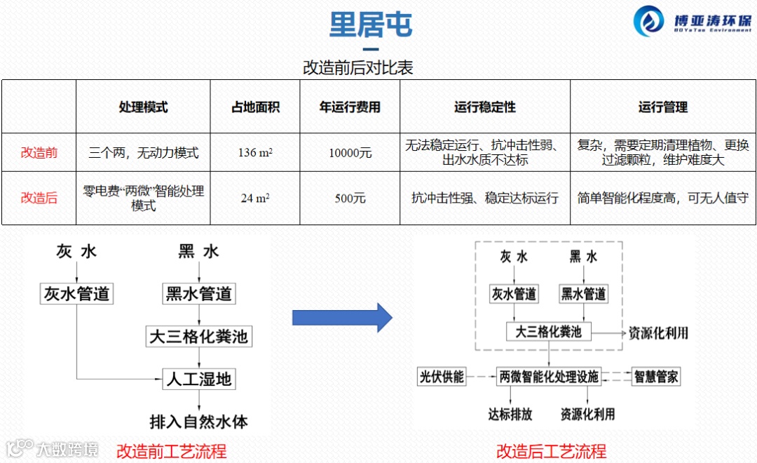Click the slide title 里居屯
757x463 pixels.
tap(371, 25)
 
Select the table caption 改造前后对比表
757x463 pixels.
tap(358, 67)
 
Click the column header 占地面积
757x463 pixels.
tap(255, 107)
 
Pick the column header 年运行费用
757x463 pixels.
tap(350, 107)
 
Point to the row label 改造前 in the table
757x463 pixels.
tap(39, 152)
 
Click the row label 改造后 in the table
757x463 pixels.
tap(39, 198)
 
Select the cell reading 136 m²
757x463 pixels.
tap(255, 152)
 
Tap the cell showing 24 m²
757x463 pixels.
tap(255, 198)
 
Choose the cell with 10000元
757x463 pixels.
tap(350, 152)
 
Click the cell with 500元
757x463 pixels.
tap(350, 198)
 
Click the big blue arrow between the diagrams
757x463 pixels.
tap(341, 317)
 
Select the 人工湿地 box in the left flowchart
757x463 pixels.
tap(198, 380)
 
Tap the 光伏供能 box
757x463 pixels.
tap(442, 377)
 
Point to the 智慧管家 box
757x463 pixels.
tap(656, 377)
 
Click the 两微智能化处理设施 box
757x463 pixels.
tap(549, 377)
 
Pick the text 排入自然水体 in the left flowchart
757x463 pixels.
tap(198, 421)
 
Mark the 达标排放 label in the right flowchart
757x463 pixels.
tap(510, 414)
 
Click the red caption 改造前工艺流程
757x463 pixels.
tap(172, 450)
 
